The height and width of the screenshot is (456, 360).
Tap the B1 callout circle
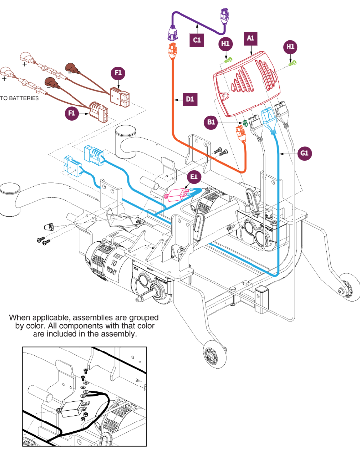click(211, 121)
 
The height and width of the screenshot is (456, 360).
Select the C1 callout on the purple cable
click(197, 39)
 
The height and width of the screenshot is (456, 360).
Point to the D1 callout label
click(190, 100)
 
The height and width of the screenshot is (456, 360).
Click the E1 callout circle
click(193, 176)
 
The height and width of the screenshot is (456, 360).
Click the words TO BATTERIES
click(19, 98)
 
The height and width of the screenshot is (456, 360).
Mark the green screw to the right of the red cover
click(292, 62)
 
